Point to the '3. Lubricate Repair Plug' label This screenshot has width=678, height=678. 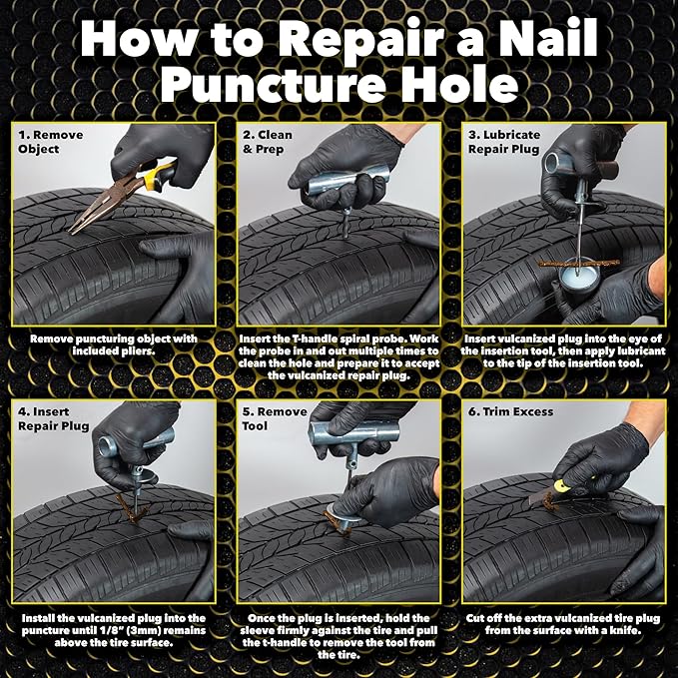click(504, 141)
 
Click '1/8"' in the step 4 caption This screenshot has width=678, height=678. click(139, 631)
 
